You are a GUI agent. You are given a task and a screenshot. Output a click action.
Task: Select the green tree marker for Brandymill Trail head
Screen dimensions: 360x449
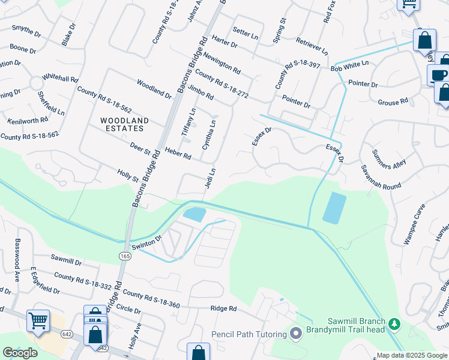coord(394,325)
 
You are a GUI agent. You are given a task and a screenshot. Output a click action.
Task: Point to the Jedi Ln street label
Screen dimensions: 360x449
coord(210,178)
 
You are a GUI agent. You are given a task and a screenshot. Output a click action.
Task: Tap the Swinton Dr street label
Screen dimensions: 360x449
coord(147,242)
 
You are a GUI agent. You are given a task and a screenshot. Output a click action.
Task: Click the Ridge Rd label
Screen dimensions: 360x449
coord(224,308)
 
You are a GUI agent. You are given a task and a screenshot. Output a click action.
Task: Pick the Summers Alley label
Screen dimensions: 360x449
coord(390,159)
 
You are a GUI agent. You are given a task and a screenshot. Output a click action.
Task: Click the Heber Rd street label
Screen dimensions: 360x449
coord(178,154)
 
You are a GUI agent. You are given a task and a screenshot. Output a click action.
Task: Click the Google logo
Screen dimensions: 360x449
coord(20,352)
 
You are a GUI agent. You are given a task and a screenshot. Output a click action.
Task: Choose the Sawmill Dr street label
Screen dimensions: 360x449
coord(66,261)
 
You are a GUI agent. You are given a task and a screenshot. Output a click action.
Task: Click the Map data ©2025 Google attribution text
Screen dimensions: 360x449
coord(412,355)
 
